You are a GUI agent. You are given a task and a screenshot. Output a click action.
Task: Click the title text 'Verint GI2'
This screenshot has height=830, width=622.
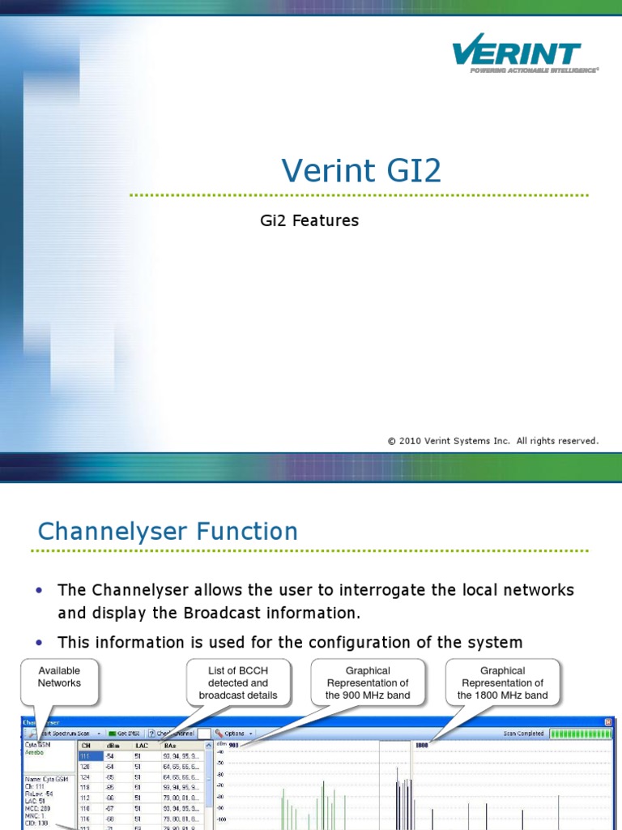(x=362, y=171)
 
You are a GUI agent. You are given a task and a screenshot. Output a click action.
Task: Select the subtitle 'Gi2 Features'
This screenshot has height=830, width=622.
(x=308, y=220)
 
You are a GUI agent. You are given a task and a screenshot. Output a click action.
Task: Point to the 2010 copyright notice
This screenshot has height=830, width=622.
(x=492, y=441)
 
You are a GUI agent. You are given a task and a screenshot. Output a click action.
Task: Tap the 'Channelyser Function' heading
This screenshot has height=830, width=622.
(x=168, y=532)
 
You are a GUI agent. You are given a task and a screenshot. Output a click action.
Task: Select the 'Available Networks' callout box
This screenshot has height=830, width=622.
(x=59, y=677)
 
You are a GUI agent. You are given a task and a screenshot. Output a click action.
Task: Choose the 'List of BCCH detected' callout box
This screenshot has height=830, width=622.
(x=237, y=682)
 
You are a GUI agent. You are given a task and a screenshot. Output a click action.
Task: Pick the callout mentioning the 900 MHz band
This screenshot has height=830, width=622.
(x=368, y=682)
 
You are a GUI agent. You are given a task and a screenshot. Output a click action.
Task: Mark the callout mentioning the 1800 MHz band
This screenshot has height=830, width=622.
(x=502, y=682)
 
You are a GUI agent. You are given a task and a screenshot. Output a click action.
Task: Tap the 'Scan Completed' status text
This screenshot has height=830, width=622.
(x=522, y=734)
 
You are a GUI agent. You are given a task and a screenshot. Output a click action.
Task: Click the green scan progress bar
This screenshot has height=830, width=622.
(x=582, y=734)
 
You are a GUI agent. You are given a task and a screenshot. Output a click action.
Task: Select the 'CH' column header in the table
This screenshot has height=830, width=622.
(x=87, y=745)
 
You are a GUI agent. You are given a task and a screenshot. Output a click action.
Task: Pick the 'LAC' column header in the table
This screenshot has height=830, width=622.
(x=140, y=745)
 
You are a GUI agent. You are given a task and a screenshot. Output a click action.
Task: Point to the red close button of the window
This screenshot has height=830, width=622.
(x=608, y=721)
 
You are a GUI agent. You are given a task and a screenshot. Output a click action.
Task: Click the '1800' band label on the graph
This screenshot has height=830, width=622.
(x=421, y=745)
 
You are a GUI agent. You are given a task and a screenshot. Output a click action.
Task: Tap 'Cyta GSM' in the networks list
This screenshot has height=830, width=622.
(x=38, y=744)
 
